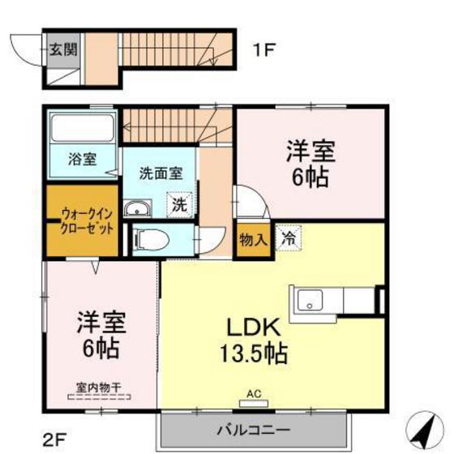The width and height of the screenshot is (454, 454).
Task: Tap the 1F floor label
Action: [x=264, y=49]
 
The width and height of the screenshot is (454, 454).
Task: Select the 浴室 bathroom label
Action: [x=81, y=159]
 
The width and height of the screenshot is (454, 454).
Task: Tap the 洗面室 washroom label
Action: [x=160, y=172]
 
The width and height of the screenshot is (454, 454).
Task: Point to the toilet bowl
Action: [x=149, y=239]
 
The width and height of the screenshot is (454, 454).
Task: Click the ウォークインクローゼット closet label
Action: [x=86, y=222]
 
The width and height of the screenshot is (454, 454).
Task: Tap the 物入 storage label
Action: [x=253, y=239]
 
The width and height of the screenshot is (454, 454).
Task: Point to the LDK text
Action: [x=252, y=327]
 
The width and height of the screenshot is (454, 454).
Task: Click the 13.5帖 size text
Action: [x=254, y=354]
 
